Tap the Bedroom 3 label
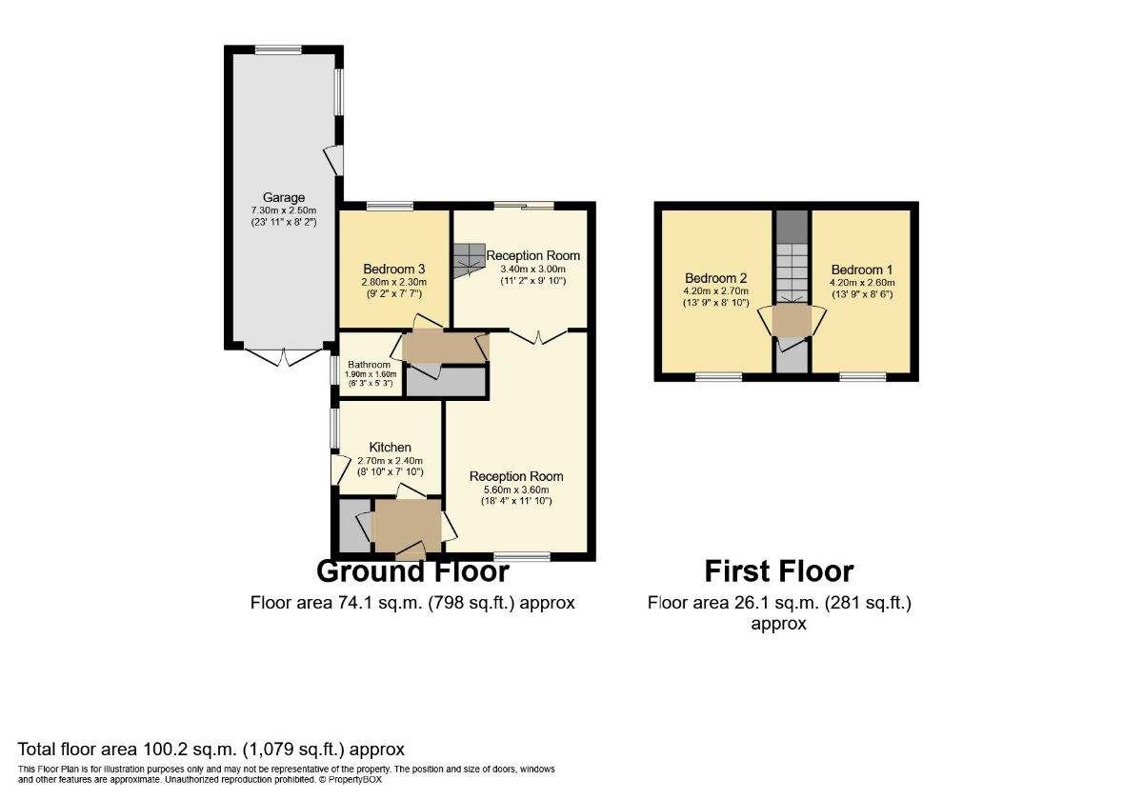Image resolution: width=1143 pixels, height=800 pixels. coord(393,269)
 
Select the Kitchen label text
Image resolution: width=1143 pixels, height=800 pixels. coord(391,447)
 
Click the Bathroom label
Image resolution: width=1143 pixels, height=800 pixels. coord(369,365)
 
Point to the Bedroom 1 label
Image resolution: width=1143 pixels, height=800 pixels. coord(862,270)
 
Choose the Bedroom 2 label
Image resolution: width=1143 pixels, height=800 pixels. coord(716,278)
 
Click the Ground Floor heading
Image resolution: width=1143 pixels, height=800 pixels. coord(412,571)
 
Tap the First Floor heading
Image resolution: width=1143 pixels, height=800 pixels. coord(778,571)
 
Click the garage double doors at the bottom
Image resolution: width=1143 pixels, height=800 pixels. coord(283,356)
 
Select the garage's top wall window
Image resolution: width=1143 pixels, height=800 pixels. coord(278,50)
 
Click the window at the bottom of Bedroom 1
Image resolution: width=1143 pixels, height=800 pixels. coord(862,377)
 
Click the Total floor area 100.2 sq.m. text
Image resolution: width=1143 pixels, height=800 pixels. coord(211,749)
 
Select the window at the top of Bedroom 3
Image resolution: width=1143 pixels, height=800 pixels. coord(390,206)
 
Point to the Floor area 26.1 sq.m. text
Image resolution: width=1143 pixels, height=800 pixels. coord(778,603)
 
